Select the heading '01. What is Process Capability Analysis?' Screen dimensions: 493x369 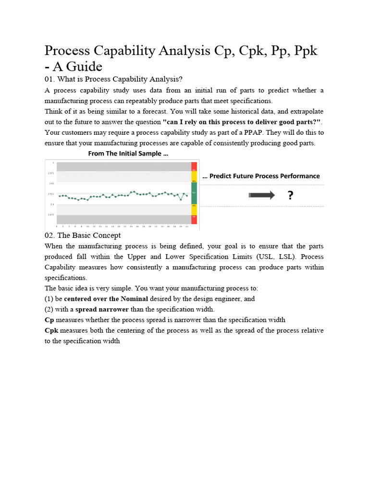coord(113,79)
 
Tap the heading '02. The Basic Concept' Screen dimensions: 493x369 coord(82,235)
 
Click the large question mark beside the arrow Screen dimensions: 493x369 coord(290,195)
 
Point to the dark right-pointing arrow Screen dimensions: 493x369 coord(262,195)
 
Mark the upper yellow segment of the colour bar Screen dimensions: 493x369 coord(194,181)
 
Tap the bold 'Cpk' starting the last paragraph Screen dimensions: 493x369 coord(51,330)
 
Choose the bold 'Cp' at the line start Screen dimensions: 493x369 coord(49,320)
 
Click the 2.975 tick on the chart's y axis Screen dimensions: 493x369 coord(50,173)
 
